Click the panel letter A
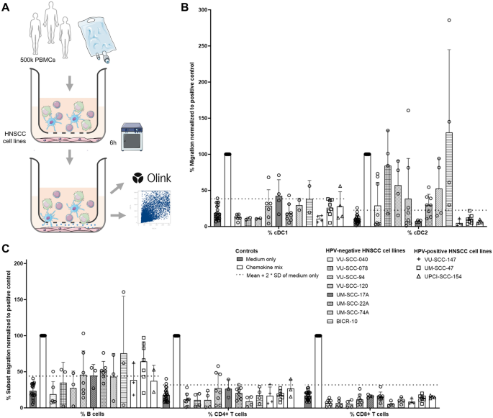click(6, 6)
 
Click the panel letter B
click(185, 6)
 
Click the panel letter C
click(6, 249)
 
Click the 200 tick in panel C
click(18, 263)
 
